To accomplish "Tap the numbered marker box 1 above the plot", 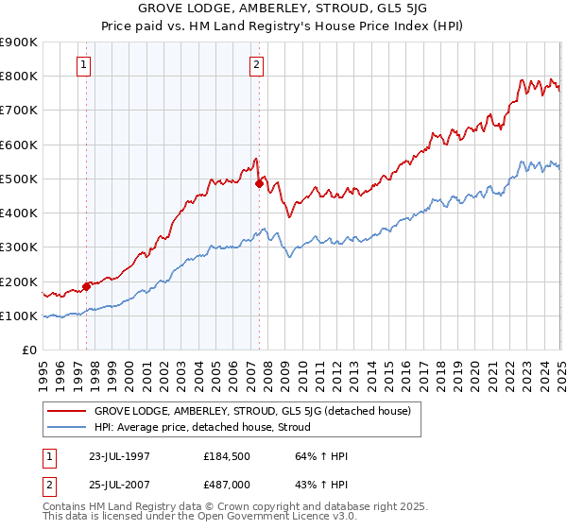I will click(x=85, y=65).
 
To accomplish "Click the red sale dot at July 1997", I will click(x=86, y=286).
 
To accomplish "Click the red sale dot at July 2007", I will click(x=259, y=183).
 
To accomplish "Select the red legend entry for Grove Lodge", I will click(x=251, y=412).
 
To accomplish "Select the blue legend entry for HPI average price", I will click(x=208, y=428).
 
